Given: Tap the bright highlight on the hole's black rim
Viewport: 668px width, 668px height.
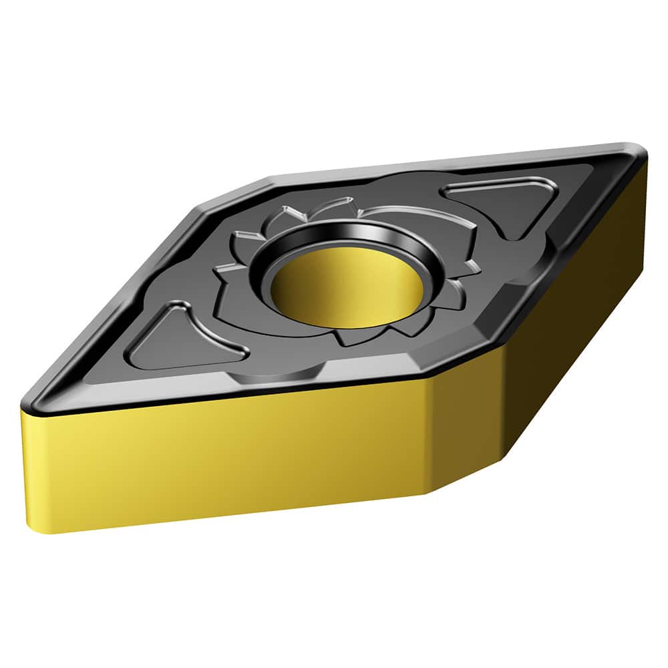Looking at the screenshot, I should point(374,234).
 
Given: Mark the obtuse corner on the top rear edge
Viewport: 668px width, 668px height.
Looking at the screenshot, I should point(267,179).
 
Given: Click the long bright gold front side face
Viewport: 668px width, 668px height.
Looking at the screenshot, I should point(227,461).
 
